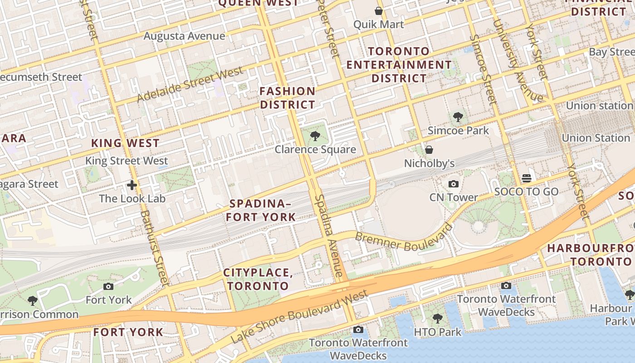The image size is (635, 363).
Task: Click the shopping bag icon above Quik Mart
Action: [378, 11]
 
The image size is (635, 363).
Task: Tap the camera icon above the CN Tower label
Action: [453, 184]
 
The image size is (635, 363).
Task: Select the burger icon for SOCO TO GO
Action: [526, 178]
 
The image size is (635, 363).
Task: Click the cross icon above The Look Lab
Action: [132, 185]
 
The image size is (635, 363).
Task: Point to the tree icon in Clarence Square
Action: [315, 136]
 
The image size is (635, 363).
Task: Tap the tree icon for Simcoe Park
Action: [458, 117]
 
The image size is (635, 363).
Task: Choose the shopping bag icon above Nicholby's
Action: [429, 149]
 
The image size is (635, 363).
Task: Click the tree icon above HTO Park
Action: [437, 318]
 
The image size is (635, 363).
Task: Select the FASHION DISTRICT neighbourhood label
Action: [287, 98]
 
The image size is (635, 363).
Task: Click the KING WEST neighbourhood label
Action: [125, 143]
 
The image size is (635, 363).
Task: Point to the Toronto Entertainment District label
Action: [399, 64]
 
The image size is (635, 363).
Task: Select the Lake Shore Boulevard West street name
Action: [299, 316]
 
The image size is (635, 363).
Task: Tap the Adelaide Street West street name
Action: [190, 84]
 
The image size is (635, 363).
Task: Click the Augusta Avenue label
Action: [184, 36]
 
